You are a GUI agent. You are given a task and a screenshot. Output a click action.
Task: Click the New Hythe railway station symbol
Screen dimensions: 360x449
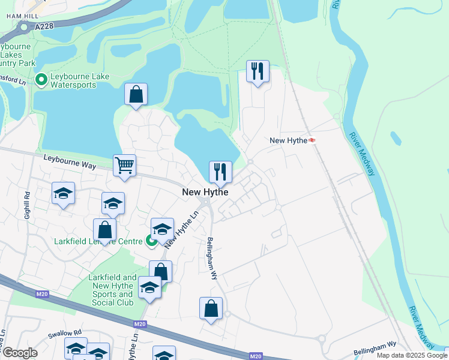pos(312,140)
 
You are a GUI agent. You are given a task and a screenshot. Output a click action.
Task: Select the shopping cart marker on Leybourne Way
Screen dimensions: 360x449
pos(124,165)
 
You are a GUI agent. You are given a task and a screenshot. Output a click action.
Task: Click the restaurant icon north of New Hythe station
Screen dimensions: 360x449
pos(258,71)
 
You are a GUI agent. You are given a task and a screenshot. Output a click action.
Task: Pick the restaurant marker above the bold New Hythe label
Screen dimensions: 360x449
pos(220,172)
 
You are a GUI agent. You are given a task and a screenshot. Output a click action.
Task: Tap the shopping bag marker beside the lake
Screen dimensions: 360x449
pos(136,94)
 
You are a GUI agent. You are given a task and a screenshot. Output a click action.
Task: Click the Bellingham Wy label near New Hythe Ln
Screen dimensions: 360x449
pos(212,259)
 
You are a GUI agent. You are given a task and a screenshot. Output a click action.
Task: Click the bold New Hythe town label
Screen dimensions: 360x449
pos(205,192)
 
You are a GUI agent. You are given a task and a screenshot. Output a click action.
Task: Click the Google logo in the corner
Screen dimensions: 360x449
pos(20,353)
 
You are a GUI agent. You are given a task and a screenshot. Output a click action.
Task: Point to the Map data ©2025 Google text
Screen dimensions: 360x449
pos(412,355)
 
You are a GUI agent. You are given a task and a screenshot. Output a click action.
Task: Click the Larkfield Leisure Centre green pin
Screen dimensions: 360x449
pos(151,241)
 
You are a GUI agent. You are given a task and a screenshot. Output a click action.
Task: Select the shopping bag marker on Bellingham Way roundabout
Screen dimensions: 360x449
pos(211,308)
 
